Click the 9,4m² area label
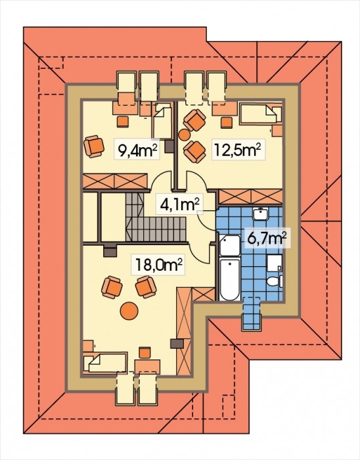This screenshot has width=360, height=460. pyautogui.click(x=137, y=149)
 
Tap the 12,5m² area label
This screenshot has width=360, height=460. pyautogui.click(x=238, y=149)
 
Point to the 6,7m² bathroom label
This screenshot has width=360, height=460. pyautogui.click(x=267, y=238)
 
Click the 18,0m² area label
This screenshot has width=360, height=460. pyautogui.click(x=158, y=264)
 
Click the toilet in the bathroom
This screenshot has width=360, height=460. pyautogui.click(x=275, y=281)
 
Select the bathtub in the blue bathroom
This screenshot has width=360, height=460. pyautogui.click(x=230, y=279)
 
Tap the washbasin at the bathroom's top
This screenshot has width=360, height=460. pyautogui.click(x=261, y=214)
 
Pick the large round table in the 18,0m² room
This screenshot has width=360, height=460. pyautogui.click(x=129, y=311)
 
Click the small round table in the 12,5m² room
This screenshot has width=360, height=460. pyautogui.click(x=184, y=135)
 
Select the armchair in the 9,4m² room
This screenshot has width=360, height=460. pyautogui.click(x=94, y=146)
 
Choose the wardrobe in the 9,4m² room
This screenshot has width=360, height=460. pyautogui.click(x=115, y=181)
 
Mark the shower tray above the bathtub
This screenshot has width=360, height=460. pyautogui.click(x=230, y=245)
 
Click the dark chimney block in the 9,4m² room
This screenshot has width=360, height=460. pyautogui.click(x=169, y=147)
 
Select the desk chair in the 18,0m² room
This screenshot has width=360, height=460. pyautogui.click(x=145, y=352)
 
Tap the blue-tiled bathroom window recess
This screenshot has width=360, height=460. pyautogui.click(x=251, y=313)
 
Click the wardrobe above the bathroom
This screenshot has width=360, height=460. pyautogui.click(x=250, y=196)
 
